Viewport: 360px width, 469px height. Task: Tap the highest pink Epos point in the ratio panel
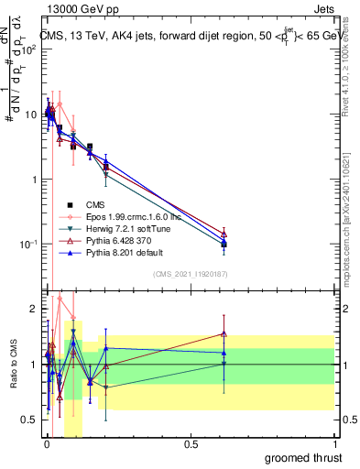click(x=60, y=298)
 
